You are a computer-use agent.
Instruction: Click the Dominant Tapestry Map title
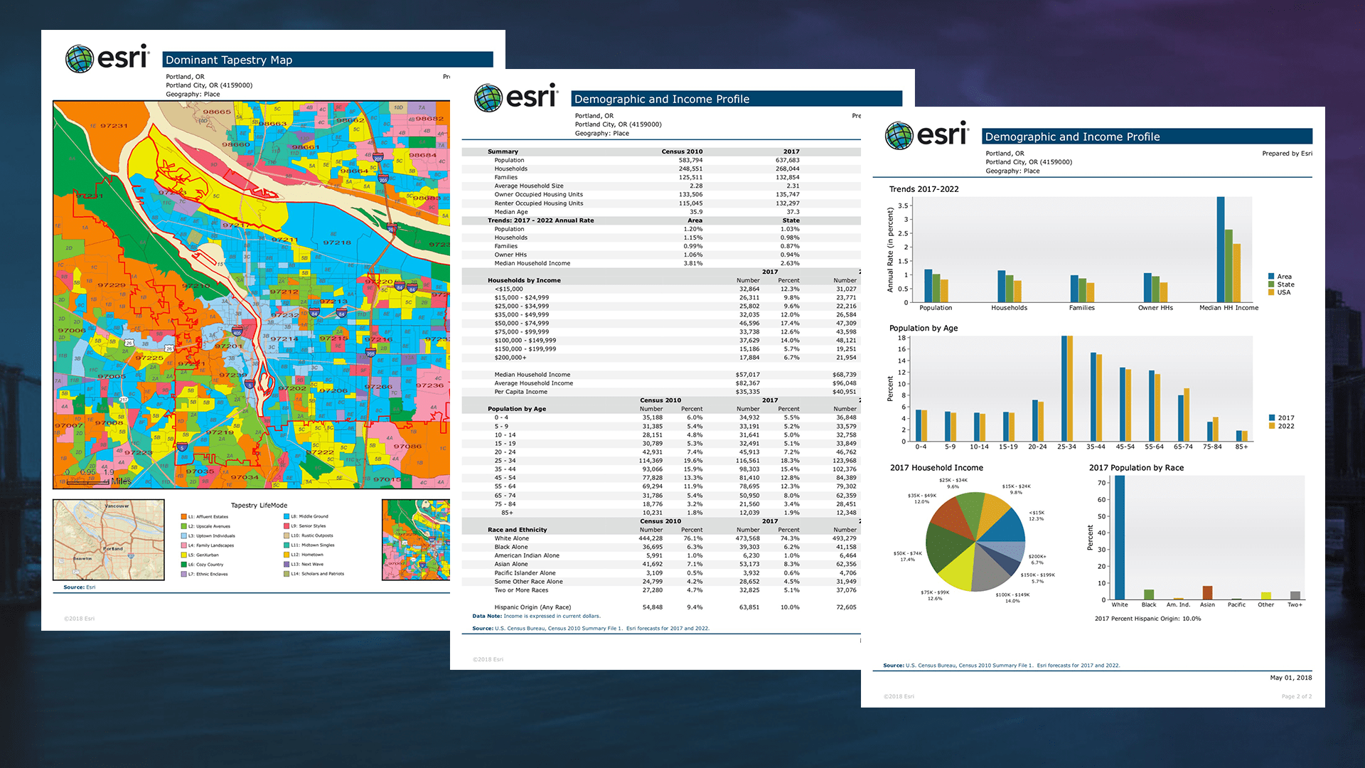(229, 60)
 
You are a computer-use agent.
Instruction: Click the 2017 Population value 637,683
(787, 160)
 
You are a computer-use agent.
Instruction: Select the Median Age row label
(510, 212)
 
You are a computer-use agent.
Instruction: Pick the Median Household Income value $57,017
(747, 375)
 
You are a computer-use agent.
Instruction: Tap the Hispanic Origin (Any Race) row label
(532, 607)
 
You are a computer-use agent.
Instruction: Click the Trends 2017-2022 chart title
(924, 189)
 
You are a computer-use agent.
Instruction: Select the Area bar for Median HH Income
(1221, 249)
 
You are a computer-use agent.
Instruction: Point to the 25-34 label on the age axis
(1066, 447)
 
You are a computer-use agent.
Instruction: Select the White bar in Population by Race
(1120, 537)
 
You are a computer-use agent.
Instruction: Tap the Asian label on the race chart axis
(1207, 605)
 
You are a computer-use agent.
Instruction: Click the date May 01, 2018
(1290, 678)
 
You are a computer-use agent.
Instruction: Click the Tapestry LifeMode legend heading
(259, 506)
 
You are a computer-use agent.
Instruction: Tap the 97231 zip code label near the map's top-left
(114, 126)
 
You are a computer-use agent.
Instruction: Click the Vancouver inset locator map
(109, 539)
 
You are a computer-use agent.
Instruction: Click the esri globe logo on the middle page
(488, 98)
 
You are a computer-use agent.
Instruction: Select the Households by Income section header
(524, 280)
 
